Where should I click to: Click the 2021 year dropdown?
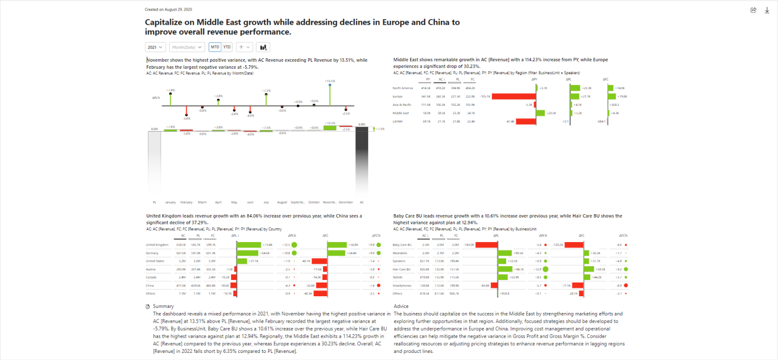click(x=155, y=47)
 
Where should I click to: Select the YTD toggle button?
click(x=227, y=47)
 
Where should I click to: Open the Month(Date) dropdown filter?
click(x=187, y=47)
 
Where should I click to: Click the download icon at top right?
click(x=767, y=10)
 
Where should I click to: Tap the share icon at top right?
click(x=753, y=10)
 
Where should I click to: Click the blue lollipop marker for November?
click(x=330, y=85)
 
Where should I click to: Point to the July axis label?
click(x=266, y=202)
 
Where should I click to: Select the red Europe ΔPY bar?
click(x=514, y=96)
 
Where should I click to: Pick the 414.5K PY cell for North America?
click(x=425, y=88)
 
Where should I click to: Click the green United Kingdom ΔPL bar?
click(x=249, y=245)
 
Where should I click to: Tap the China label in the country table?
click(x=150, y=286)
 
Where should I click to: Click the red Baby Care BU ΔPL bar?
click(x=487, y=245)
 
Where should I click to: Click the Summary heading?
click(x=163, y=306)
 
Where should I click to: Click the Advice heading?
click(x=401, y=306)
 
